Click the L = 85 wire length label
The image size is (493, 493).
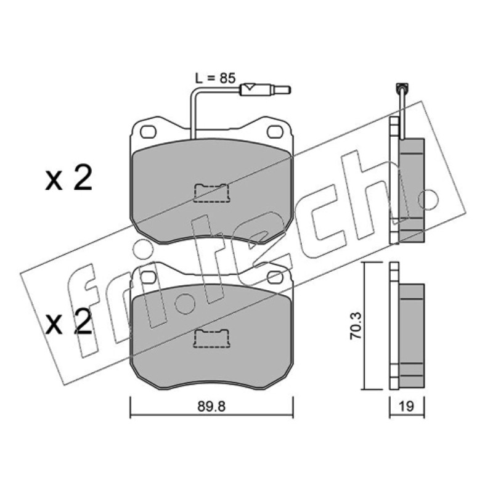pos(215,78)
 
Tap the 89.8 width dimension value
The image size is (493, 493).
pos(211,407)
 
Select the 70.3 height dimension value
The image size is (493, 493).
pos(356,325)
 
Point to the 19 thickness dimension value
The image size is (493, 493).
pos(407,406)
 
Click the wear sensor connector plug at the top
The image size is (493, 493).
pos(265,89)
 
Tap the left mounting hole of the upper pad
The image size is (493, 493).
pos(148,132)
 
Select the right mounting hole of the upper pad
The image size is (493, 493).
pos(275,132)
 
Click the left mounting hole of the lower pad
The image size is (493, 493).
pos(149,277)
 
